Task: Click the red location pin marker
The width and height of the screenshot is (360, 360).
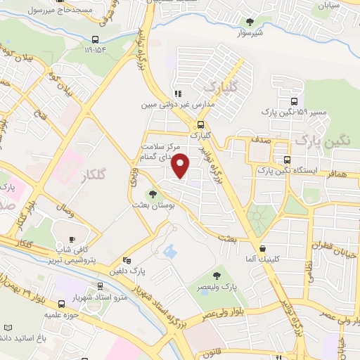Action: [181, 166]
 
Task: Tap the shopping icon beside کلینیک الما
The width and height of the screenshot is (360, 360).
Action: [263, 248]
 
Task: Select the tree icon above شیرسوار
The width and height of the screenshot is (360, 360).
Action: [249, 22]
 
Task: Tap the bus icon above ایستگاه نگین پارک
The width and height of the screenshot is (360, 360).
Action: [286, 160]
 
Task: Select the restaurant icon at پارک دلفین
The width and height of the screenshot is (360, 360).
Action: [126, 260]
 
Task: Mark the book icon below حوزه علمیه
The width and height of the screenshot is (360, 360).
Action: [8, 328]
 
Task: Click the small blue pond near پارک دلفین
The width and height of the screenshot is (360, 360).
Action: [169, 250]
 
